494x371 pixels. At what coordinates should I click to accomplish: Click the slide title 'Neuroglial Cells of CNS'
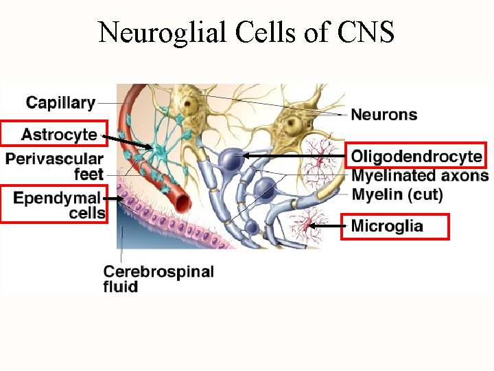(x=246, y=32)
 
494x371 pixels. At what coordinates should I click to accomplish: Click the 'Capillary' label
(x=60, y=103)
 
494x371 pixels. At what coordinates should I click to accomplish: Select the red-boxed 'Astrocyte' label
(x=54, y=133)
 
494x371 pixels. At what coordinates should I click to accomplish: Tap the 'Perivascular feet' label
(x=55, y=166)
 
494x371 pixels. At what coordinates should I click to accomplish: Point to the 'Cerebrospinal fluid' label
(x=158, y=278)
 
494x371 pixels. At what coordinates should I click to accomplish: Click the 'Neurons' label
(x=384, y=114)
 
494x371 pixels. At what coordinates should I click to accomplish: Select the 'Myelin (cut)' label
(x=397, y=194)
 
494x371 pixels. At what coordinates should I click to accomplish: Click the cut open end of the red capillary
(x=182, y=201)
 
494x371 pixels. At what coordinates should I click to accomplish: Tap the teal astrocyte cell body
(x=162, y=148)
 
